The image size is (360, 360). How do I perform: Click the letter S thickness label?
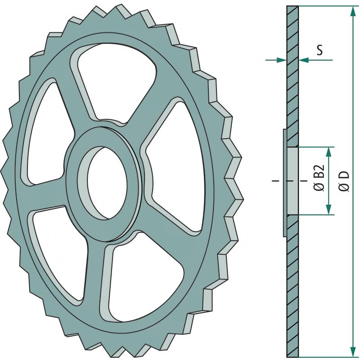[x=319, y=49]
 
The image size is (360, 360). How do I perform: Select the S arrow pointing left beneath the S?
[x=304, y=59]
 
